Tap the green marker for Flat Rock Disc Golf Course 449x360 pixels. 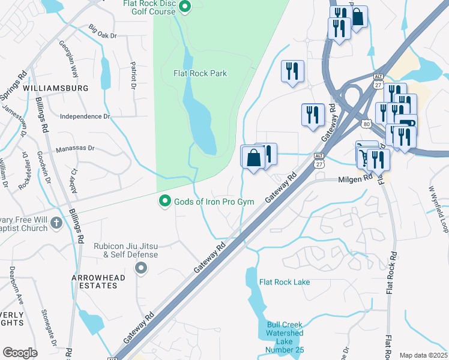pos(185,7)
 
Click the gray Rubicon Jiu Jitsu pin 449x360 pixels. pos(140,268)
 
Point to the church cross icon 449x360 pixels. pos(56,223)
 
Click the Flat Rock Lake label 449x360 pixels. pos(284,282)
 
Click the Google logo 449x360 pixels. pos(20,353)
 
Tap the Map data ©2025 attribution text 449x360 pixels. pos(423,355)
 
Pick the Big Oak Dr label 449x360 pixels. pos(103,32)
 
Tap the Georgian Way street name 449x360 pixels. pos(68,59)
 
